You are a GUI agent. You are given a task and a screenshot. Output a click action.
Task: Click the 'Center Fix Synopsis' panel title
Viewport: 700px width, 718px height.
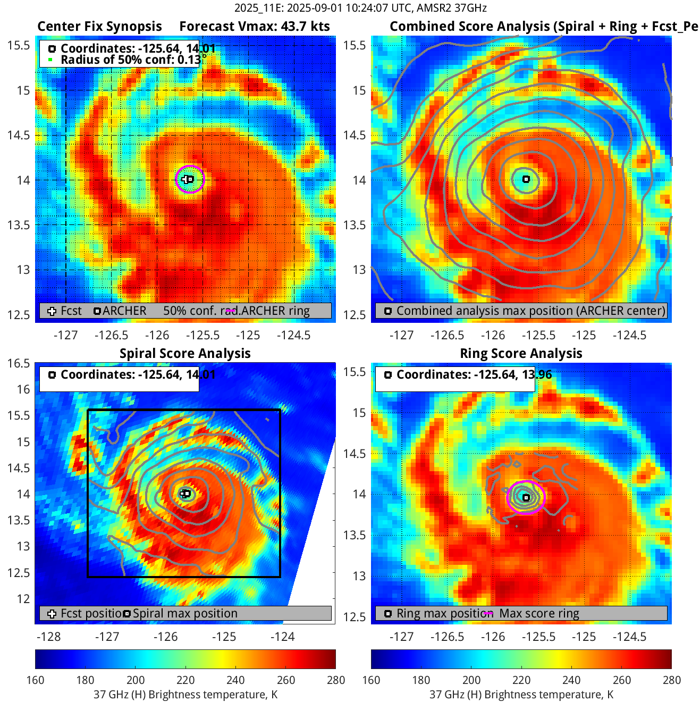(x=99, y=27)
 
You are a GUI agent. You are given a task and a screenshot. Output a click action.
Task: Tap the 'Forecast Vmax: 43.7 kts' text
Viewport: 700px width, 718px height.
(x=254, y=27)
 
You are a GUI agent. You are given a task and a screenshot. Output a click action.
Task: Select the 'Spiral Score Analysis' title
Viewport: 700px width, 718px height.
(x=185, y=354)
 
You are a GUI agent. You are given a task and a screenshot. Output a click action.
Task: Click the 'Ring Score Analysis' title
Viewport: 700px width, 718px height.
(x=521, y=354)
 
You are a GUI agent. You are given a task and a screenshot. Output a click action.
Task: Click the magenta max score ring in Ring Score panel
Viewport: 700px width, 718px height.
(x=543, y=497)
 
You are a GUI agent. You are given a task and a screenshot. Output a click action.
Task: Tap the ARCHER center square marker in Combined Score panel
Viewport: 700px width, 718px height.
(x=526, y=179)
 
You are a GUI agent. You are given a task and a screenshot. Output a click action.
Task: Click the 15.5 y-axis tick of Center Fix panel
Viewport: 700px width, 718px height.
(x=19, y=46)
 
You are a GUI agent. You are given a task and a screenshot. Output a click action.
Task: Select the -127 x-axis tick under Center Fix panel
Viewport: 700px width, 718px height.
(x=65, y=335)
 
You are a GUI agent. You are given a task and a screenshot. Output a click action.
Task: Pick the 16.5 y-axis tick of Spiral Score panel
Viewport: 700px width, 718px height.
(x=19, y=363)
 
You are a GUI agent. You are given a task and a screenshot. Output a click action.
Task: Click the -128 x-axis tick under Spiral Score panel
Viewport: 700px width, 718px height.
(x=48, y=637)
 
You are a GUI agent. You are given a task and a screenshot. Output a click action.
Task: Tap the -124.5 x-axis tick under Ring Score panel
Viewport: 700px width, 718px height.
(x=629, y=637)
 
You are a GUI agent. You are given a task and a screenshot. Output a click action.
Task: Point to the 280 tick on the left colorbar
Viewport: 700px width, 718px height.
(x=336, y=680)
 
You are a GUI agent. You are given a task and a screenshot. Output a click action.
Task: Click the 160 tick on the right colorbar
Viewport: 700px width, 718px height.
(x=371, y=680)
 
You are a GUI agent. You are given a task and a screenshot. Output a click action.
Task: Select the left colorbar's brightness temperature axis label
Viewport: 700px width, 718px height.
(x=185, y=695)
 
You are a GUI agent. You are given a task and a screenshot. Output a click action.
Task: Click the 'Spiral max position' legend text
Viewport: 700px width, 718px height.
(x=185, y=613)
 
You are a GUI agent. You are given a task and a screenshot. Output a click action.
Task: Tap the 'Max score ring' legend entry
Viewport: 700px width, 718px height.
(x=539, y=613)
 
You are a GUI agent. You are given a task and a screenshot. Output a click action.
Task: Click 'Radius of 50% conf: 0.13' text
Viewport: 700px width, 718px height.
(x=131, y=60)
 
